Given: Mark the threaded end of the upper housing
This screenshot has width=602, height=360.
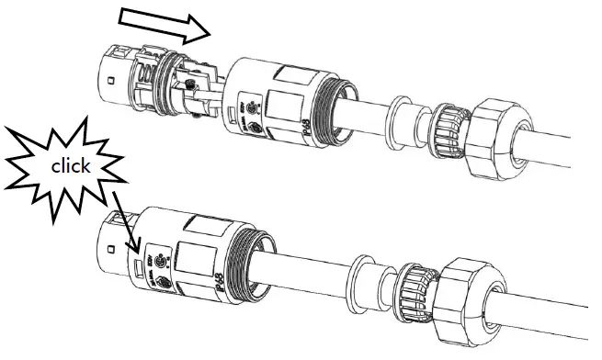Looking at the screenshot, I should pos(339,101).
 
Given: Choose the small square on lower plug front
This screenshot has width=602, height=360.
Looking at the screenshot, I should pos(108,249).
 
